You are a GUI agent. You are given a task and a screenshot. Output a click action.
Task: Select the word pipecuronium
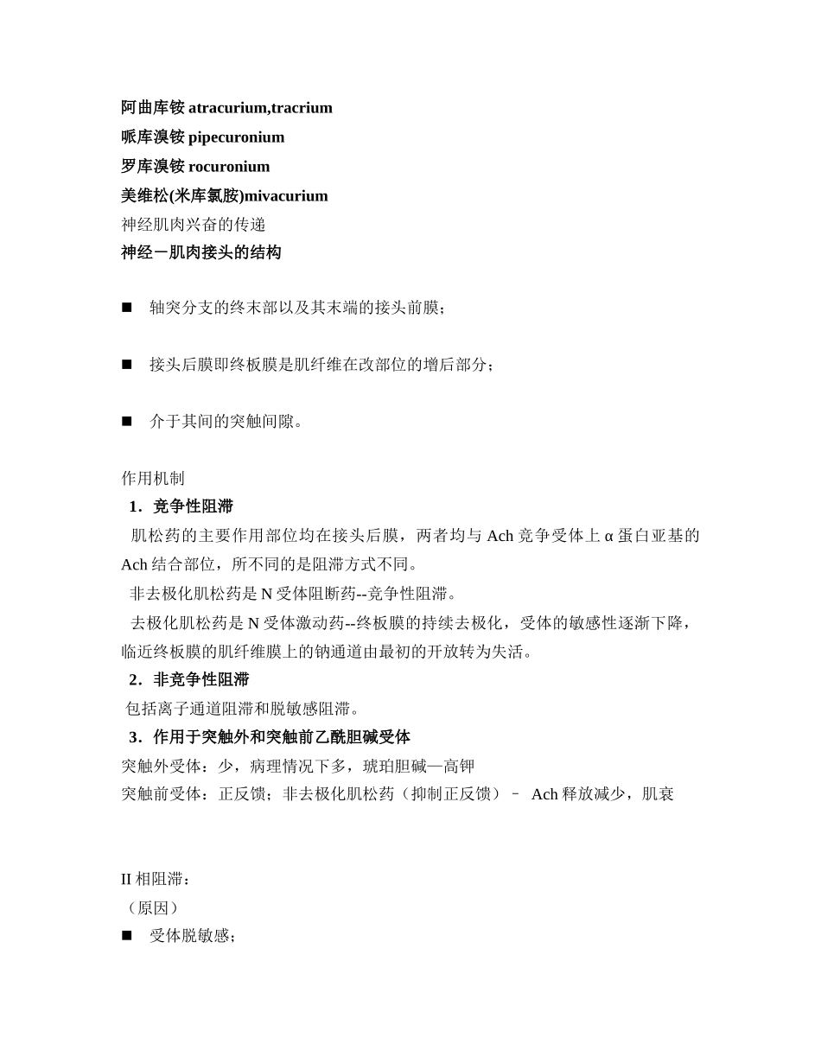pos(236,137)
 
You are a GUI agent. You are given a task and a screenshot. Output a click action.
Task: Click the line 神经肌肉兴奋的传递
pos(194,225)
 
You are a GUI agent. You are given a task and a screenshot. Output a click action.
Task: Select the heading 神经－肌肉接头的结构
pos(200,253)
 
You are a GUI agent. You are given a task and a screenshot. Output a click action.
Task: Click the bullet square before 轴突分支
pos(127,308)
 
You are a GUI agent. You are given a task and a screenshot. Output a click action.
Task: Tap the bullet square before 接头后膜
pos(127,365)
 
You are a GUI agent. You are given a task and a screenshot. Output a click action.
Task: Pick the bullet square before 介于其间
pos(127,422)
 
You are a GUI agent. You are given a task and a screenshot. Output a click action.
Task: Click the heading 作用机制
pos(153,479)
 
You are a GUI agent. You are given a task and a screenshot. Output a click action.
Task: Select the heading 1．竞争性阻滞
pos(181,506)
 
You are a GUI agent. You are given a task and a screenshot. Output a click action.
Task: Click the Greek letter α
pos(608,536)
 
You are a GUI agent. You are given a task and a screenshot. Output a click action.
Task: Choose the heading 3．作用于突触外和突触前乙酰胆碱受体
pos(269,737)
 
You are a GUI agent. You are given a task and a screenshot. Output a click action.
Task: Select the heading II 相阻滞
pos(153,880)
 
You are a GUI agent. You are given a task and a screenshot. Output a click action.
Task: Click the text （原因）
pos(152,908)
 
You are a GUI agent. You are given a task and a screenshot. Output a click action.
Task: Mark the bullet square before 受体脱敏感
pos(127,936)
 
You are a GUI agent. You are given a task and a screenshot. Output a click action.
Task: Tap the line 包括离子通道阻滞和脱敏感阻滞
pos(242,710)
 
